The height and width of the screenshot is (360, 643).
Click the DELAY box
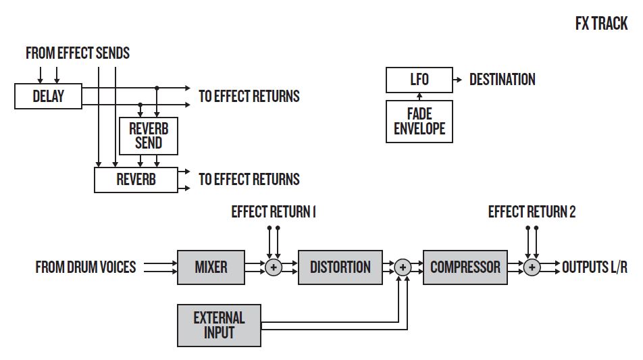point(48,97)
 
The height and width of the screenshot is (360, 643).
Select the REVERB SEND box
point(148,136)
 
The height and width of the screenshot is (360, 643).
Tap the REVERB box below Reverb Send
point(136,180)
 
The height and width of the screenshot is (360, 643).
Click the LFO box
point(419,80)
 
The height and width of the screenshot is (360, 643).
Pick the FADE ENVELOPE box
point(419,122)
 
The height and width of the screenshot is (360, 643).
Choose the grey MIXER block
point(211,267)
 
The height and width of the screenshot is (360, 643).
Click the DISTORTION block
point(340,267)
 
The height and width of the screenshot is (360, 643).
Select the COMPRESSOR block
point(465,267)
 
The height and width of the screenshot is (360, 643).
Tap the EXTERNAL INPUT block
point(219,325)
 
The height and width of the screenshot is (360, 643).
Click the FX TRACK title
point(601,24)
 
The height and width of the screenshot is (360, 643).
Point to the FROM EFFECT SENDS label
point(78,53)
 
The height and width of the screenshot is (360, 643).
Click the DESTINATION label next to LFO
point(503,80)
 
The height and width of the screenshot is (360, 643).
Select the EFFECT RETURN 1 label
point(274,212)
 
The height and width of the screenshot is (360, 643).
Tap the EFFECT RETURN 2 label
point(532,212)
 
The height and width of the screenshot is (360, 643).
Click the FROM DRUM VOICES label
point(86,267)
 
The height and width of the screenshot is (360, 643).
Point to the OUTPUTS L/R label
point(594,267)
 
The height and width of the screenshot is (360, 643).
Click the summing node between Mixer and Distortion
point(274,267)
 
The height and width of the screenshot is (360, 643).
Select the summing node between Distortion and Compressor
point(403,267)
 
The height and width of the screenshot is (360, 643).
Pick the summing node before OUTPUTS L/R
point(532,267)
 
